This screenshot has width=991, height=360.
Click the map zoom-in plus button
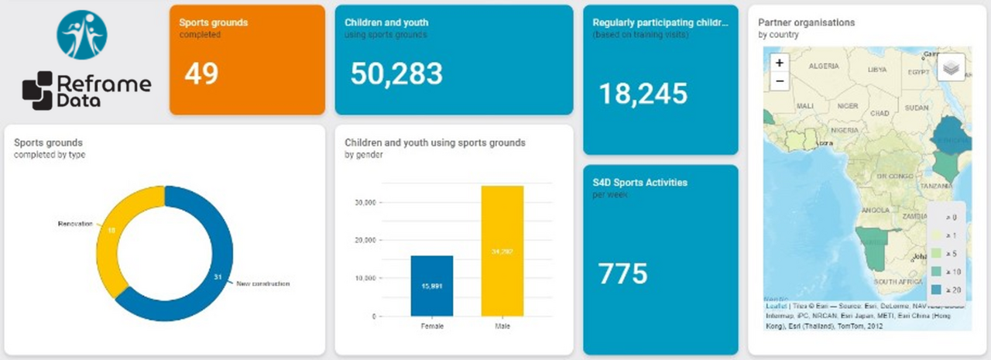780,63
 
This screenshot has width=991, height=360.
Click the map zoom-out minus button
780,81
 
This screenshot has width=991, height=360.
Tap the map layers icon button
952,67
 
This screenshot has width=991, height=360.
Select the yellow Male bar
502,251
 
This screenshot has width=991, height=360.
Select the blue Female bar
432,286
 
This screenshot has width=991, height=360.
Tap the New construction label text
262,284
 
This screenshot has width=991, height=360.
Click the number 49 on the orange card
201,74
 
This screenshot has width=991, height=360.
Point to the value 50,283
396,74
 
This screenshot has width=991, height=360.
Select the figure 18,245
643,94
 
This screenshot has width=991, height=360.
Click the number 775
622,273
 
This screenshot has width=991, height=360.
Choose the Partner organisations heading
806,22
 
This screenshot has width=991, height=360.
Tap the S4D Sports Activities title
640,183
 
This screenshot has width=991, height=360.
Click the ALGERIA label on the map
823,67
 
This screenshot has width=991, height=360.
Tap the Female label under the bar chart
432,327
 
